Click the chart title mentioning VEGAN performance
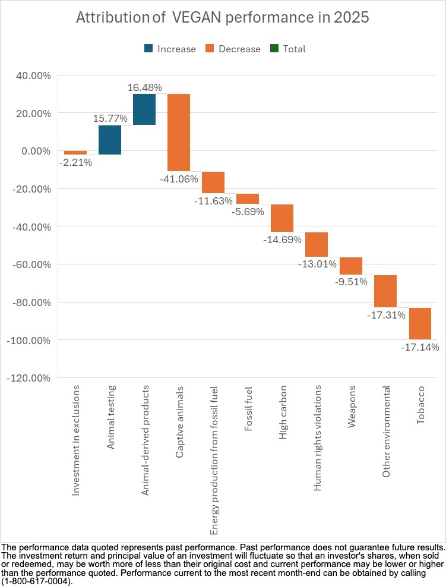click(x=223, y=18)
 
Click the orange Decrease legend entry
click(x=232, y=49)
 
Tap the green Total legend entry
click(x=289, y=49)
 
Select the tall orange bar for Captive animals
click(x=179, y=132)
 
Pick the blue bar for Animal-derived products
click(x=144, y=109)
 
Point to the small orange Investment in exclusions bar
click(x=75, y=153)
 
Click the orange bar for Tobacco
click(x=420, y=323)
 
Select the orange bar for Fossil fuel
click(x=248, y=199)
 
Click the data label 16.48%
click(x=145, y=87)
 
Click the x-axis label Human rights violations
click(x=317, y=437)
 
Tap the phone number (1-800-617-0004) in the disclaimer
click(x=36, y=581)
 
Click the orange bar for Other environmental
click(x=385, y=291)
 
